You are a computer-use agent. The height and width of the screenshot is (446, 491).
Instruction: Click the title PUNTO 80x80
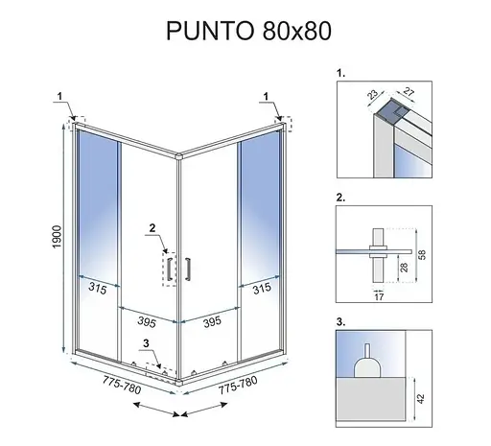248,31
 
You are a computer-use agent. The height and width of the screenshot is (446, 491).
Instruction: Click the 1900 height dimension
57,237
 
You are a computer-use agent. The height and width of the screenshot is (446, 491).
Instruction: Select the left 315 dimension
97,289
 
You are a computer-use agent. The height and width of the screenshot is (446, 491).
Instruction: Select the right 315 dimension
262,289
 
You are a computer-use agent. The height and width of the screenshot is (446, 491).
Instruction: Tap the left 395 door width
147,321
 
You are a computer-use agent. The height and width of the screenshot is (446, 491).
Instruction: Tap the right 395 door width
212,321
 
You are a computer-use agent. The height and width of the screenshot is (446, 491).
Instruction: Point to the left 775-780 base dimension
122,385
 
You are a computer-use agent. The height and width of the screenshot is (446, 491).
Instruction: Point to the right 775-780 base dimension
238,385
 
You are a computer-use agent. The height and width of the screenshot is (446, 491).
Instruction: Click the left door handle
170,269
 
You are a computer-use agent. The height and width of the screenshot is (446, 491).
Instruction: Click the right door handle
188,269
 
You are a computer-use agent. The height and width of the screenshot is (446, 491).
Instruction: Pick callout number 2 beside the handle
152,228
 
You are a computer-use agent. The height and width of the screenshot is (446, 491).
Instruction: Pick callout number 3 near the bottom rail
146,343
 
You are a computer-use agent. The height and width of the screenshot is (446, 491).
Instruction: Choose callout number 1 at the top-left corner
59,96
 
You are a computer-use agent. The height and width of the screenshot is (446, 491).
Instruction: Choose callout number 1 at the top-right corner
266,96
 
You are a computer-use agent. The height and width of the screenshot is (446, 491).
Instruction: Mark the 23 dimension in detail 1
372,94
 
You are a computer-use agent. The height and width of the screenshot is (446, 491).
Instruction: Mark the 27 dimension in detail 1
409,92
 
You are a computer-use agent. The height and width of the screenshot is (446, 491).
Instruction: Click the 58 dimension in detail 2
422,255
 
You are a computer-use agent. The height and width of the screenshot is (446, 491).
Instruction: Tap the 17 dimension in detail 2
379,297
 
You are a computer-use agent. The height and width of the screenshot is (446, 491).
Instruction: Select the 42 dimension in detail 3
421,399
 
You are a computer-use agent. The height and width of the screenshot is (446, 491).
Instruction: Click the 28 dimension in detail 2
404,268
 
